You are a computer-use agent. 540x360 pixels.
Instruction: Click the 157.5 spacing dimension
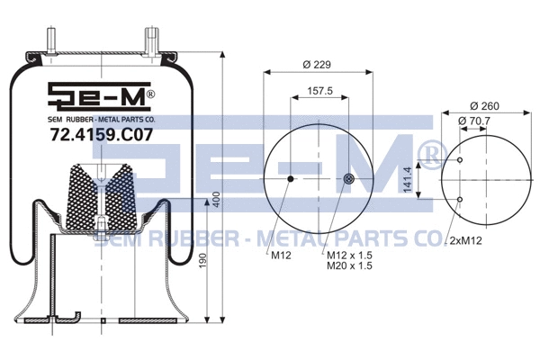coord(319,90)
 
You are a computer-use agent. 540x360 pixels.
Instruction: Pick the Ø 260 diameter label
coord(485,104)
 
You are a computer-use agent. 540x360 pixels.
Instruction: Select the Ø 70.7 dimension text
coord(473,120)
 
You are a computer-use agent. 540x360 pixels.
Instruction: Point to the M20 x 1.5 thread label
coord(349,266)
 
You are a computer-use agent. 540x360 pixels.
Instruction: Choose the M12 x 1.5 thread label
coord(349,255)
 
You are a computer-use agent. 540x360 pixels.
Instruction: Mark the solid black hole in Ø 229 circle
coord(290,179)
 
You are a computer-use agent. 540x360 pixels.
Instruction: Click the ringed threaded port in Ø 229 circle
coord(349,179)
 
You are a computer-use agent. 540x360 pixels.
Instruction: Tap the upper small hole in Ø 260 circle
coord(461,161)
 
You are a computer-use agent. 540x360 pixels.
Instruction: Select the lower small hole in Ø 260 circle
coord(461,198)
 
